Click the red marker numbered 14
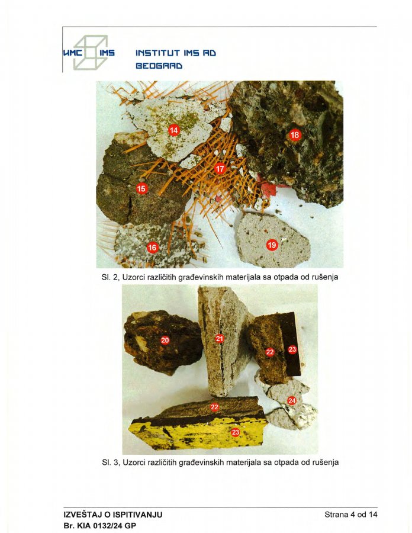(173, 130)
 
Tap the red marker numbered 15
(141, 188)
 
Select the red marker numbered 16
(153, 248)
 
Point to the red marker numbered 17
(220, 169)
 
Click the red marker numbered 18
(295, 135)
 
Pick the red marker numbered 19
(272, 245)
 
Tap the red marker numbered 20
(165, 340)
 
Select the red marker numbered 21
(220, 339)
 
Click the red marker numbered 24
(292, 401)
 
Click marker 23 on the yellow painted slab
(236, 432)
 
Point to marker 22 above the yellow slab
(214, 407)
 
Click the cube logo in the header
(91, 52)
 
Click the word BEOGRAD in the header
(159, 66)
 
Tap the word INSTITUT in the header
(158, 53)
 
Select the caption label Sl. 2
(110, 277)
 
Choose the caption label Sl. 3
(110, 463)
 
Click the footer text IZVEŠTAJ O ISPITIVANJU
(112, 514)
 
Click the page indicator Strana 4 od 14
(351, 514)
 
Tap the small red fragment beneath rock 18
(269, 189)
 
